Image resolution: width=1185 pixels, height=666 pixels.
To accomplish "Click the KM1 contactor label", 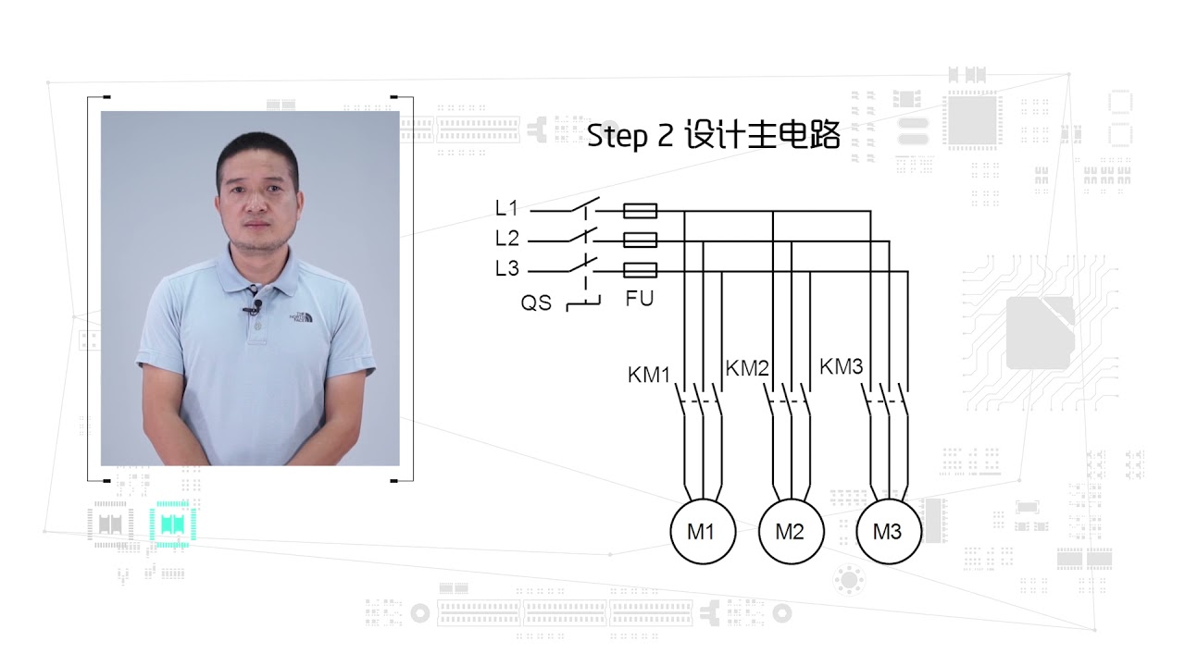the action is pyautogui.click(x=649, y=375).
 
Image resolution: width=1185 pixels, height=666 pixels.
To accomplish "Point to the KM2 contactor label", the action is pyautogui.click(x=747, y=368).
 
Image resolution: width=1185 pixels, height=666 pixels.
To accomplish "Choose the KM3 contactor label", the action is pyautogui.click(x=842, y=365).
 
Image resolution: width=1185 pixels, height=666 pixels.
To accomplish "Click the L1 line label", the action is pyautogui.click(x=506, y=208).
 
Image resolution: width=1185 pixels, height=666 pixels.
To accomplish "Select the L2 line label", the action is pyautogui.click(x=506, y=239).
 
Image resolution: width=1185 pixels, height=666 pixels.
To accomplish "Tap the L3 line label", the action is pyautogui.click(x=506, y=268).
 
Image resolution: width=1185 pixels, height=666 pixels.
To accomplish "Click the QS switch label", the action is pyautogui.click(x=536, y=302).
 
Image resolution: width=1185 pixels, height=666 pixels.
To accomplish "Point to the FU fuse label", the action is pyautogui.click(x=640, y=299).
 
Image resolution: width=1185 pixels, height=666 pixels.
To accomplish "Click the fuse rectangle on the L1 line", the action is pyautogui.click(x=640, y=211).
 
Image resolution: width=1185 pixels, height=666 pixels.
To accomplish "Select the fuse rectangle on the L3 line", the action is pyautogui.click(x=640, y=271).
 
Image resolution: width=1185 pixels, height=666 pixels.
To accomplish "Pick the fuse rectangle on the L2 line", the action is pyautogui.click(x=640, y=240).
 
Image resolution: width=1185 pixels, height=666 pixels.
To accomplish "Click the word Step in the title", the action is pyautogui.click(x=617, y=136).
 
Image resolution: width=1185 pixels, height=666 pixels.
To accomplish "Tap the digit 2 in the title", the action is pyautogui.click(x=666, y=135).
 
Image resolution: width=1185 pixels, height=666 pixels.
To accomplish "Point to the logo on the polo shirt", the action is pyautogui.click(x=301, y=316).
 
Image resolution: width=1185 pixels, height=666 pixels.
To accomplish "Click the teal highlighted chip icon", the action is pyautogui.click(x=172, y=524).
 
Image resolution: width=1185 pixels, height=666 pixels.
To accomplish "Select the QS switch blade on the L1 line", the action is pyautogui.click(x=585, y=204).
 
